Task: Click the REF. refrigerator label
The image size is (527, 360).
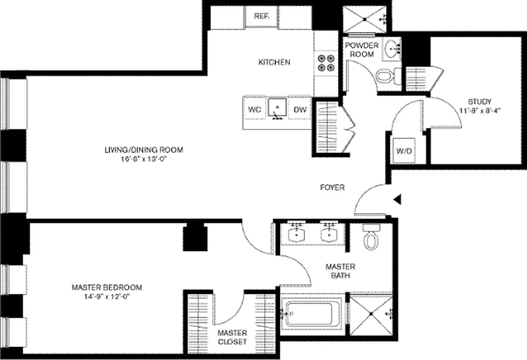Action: coord(261,16)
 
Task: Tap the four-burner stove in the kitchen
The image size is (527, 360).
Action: coord(325,63)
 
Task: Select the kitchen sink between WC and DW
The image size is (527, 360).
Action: coord(278,108)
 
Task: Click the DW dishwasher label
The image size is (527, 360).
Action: coord(300,109)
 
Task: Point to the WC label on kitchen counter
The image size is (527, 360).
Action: coord(255,109)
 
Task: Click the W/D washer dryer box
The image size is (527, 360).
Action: coord(404,151)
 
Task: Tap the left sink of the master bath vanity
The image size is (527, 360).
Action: coord(297,234)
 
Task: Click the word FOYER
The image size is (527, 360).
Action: coord(332,188)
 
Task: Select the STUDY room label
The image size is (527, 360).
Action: coord(479,101)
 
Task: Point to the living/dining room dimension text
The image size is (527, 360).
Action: coord(144,158)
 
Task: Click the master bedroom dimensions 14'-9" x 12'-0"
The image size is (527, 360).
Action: coord(107,296)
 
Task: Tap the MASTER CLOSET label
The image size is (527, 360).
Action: coord(232,337)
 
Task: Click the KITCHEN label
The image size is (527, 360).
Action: coord(274,63)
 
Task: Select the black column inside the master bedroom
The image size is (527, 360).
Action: coord(195,238)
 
